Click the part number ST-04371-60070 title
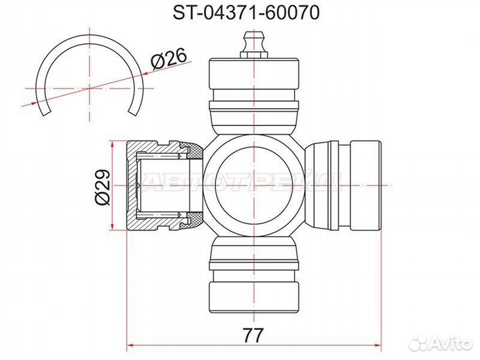[246, 12]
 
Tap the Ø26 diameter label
[169, 59]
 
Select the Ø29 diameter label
[102, 187]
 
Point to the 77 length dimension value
[253, 335]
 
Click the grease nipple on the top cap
[254, 45]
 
